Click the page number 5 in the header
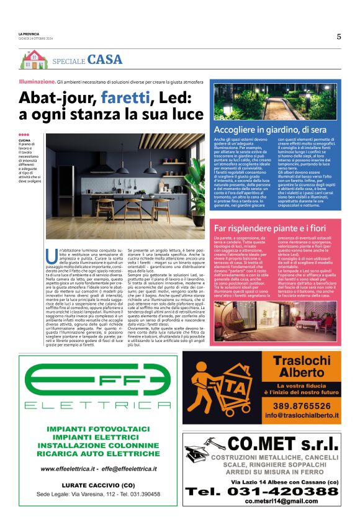click(339, 37)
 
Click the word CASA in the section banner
click(105, 60)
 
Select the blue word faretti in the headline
click(124, 97)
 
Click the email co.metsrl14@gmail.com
click(281, 500)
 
